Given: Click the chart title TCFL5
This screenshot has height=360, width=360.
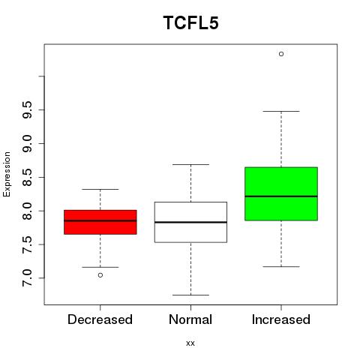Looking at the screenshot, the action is coord(191,22).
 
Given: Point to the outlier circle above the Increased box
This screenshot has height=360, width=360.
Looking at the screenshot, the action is coord(281,54).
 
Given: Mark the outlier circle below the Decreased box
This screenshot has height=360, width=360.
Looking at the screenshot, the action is coord(100,275).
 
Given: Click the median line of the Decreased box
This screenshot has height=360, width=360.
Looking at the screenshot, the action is coord(100,220).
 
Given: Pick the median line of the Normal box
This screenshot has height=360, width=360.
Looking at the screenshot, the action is coord(190,222).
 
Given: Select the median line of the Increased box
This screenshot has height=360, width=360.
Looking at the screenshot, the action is coord(281,196).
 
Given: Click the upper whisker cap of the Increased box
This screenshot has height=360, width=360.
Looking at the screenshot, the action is coord(281,111).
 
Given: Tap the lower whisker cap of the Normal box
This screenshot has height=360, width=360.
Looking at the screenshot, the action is coord(190,295).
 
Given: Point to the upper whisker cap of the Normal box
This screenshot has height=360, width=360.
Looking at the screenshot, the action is coord(190,164).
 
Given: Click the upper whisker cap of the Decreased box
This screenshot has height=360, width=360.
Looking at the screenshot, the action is coord(100,189).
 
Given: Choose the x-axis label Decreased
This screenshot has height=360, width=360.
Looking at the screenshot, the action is coord(100,319).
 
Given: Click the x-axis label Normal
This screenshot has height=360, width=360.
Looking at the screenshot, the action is coord(190,319).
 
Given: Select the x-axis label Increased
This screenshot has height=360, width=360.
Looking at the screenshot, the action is coord(281,319).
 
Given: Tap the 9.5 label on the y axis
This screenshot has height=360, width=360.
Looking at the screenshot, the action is coord(27,109).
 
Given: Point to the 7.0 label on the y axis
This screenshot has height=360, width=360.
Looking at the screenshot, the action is coord(27,278).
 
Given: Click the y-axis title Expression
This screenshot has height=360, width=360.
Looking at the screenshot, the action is coord(7,174).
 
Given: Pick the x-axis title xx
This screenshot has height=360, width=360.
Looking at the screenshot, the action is coord(190,343).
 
